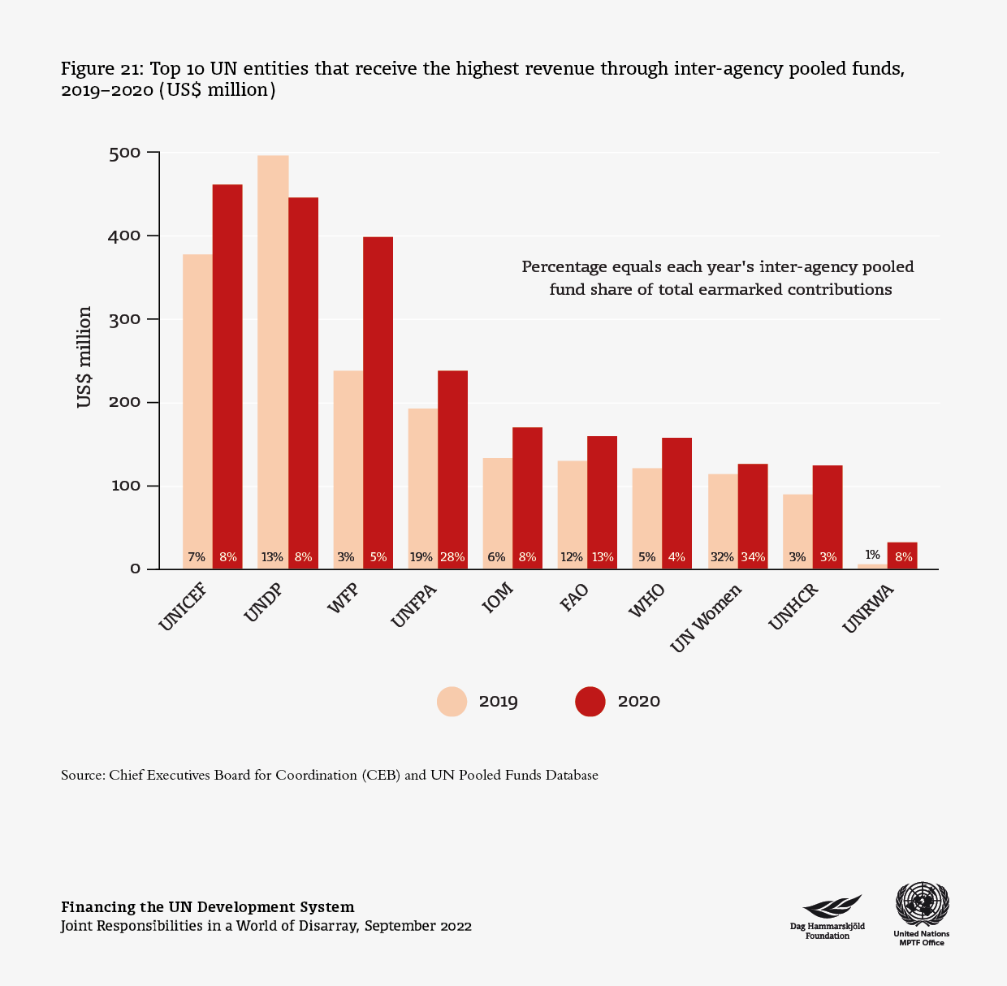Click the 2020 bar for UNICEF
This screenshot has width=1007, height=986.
[227, 374]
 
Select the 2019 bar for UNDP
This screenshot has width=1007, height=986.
[273, 357]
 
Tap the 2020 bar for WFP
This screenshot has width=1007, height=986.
[378, 398]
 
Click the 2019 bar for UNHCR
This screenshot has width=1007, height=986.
[797, 528]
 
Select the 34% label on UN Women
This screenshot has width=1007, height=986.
[753, 557]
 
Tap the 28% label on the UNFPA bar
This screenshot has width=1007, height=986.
[452, 557]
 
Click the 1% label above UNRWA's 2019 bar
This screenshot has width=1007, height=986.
[872, 555]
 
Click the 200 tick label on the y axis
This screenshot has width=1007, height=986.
[124, 403]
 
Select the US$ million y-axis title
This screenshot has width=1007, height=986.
[84, 357]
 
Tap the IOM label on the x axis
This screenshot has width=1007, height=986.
[497, 603]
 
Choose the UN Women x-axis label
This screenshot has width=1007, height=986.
[707, 617]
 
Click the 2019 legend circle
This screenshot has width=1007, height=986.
[452, 702]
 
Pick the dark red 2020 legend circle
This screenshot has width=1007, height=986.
[590, 702]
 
